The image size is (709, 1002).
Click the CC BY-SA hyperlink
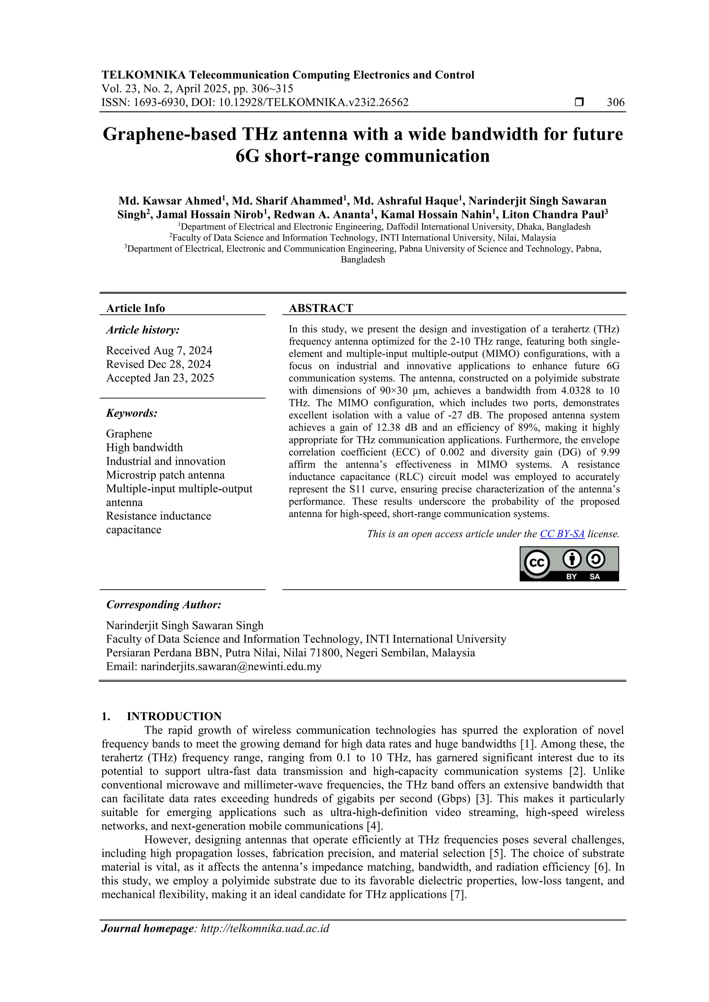coord(562,534)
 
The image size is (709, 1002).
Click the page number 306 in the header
coord(616,103)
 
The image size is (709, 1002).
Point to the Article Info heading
coord(135,308)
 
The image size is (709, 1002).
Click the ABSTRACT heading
coord(321,308)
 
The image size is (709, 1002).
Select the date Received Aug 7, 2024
coord(159,350)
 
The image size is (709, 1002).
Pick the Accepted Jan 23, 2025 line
coord(160,378)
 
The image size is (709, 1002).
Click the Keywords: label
coord(132,413)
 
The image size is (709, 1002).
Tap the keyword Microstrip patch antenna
coord(165,475)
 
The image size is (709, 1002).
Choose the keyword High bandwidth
coord(144,447)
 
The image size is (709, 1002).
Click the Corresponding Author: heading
coord(163,605)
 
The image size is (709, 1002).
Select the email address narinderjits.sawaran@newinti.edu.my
coord(231,667)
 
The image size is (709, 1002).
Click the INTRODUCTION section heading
coord(174,716)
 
